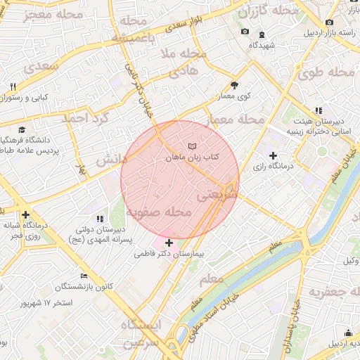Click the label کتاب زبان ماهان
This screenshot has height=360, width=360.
pos(193,159)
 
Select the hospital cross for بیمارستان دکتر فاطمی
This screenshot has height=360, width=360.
pos(169,243)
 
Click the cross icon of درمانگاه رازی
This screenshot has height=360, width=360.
pos(274,155)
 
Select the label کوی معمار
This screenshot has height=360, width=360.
pos(235,96)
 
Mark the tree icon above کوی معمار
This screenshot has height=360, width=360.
pos(234,84)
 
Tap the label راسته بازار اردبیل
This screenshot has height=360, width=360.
pos(328,33)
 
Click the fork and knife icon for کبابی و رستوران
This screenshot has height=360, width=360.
pos(13,86)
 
